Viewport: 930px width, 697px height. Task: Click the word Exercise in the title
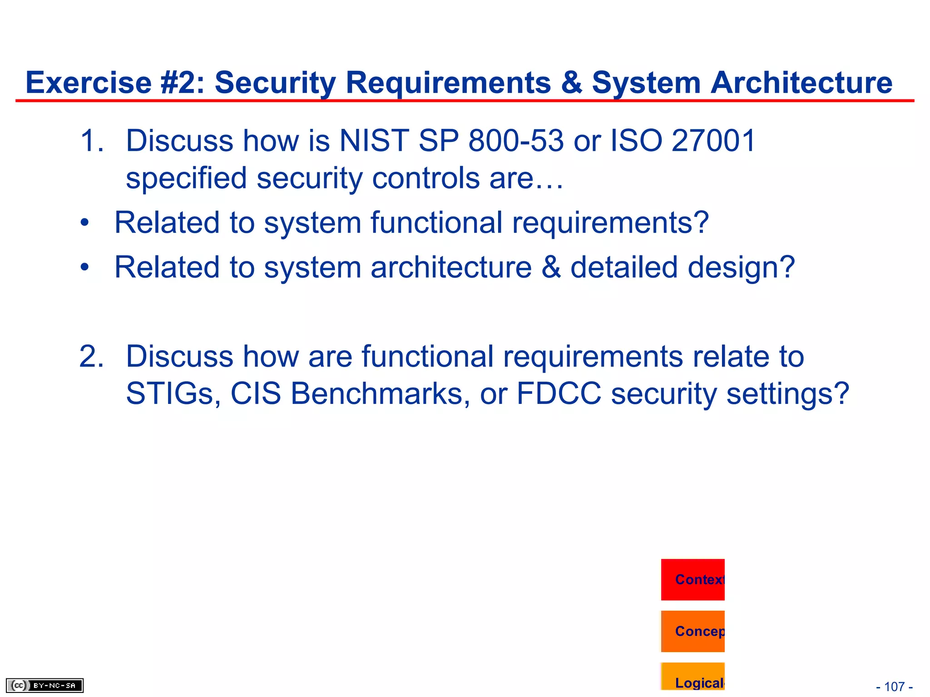pos(89,83)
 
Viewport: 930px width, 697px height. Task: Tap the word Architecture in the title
pos(801,83)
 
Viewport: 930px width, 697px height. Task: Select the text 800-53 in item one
pos(516,141)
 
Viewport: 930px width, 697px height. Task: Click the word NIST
pos(374,141)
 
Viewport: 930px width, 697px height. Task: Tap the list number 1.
pos(91,141)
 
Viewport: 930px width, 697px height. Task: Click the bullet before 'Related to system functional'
pos(84,223)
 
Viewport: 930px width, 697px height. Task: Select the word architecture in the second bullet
pos(451,267)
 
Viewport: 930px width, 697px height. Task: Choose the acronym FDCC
pos(559,393)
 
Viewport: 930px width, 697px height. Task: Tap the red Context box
pos(693,579)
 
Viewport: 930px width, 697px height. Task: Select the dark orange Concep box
pos(693,631)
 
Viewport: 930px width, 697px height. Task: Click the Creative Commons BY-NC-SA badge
pos(45,685)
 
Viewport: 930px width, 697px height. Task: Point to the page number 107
pos(894,687)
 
